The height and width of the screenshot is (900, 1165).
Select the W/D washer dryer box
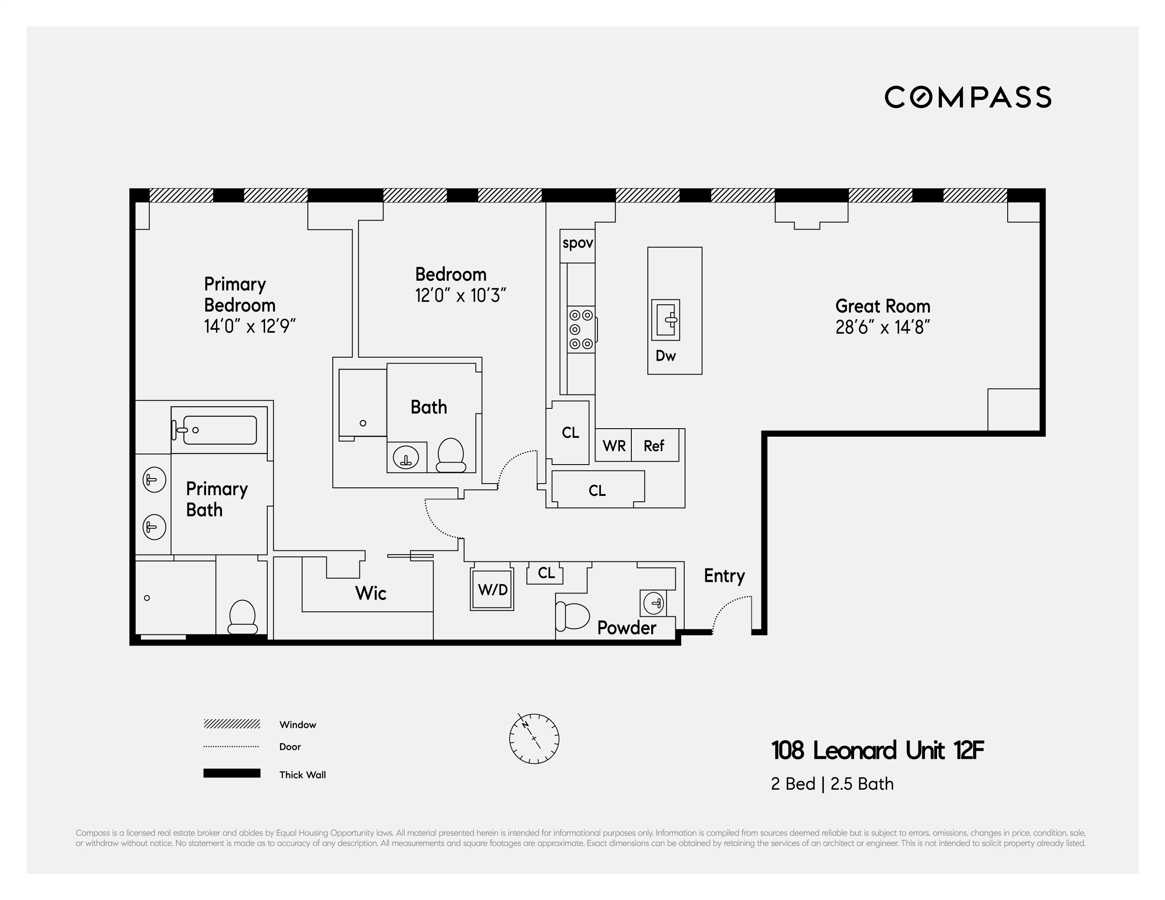[x=492, y=589]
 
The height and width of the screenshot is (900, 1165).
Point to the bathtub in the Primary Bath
[x=219, y=430]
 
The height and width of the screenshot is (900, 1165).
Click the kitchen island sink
[x=666, y=320]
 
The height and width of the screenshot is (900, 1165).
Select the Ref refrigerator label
[x=654, y=446]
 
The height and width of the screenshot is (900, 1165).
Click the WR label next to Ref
[x=614, y=446]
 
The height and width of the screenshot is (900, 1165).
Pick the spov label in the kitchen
[x=578, y=243]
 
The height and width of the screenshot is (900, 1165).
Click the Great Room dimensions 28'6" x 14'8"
[x=883, y=327]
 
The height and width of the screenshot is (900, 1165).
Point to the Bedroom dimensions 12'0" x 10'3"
[x=461, y=295]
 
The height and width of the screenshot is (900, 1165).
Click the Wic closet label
[x=371, y=593]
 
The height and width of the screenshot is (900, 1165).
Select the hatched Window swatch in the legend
[x=231, y=724]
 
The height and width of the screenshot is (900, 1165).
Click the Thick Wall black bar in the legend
[x=231, y=773]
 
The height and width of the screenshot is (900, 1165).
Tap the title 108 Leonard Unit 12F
[x=877, y=750]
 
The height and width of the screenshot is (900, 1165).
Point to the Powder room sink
[x=654, y=603]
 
